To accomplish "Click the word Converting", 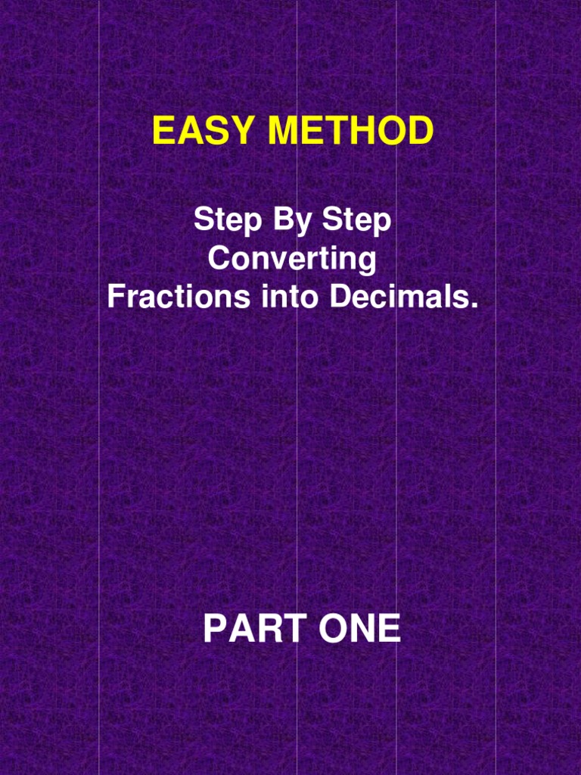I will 292,260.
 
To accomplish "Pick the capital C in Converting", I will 218,259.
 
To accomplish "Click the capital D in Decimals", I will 337,296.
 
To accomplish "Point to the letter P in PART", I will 214,630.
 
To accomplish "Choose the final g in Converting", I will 368,262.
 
